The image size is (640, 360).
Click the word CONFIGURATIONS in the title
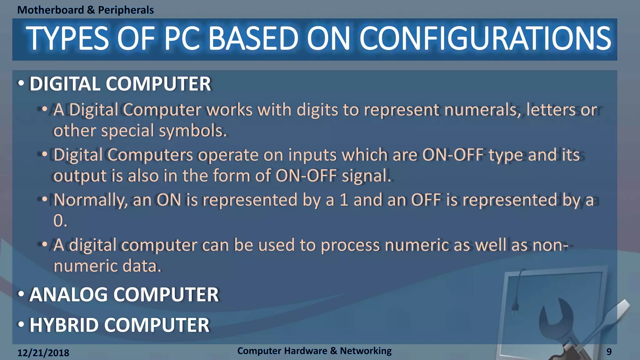(x=485, y=39)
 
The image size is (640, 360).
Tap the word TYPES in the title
(x=67, y=39)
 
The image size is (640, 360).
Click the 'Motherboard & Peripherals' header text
(x=85, y=10)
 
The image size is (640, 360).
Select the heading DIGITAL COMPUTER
(x=120, y=84)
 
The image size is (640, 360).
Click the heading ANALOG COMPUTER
(x=124, y=295)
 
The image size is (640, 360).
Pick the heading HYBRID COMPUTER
(x=119, y=325)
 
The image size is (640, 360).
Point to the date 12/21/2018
(x=43, y=353)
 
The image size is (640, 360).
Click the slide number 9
(x=609, y=352)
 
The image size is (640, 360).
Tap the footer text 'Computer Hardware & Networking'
(x=314, y=351)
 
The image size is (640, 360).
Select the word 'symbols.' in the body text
(x=193, y=131)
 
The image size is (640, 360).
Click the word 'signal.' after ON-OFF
(x=366, y=176)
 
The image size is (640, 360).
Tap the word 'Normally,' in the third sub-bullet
(x=90, y=200)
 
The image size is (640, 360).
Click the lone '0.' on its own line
(x=60, y=221)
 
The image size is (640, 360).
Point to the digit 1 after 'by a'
(x=344, y=200)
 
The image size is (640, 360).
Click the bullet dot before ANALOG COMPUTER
(x=21, y=294)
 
